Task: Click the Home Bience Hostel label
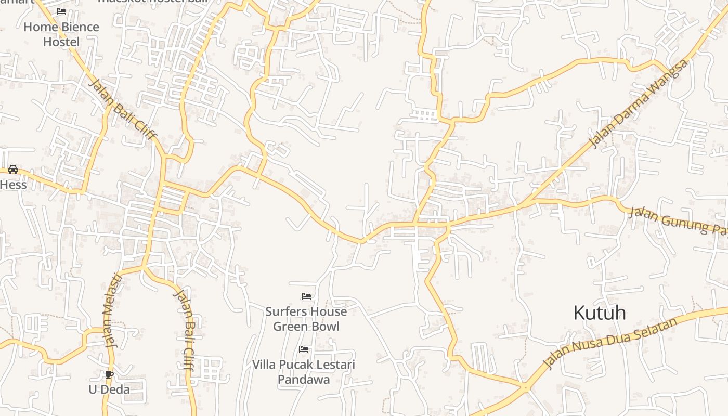pyautogui.click(x=61, y=34)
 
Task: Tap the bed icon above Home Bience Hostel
pyautogui.click(x=61, y=11)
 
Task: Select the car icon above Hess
pyautogui.click(x=13, y=169)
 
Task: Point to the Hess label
pyautogui.click(x=13, y=185)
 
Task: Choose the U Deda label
pyautogui.click(x=109, y=389)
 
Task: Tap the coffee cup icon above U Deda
pyautogui.click(x=109, y=374)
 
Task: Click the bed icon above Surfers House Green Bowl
pyautogui.click(x=306, y=296)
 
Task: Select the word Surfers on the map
pyautogui.click(x=288, y=311)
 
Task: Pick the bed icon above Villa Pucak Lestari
pyautogui.click(x=304, y=349)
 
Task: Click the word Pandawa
pyautogui.click(x=304, y=380)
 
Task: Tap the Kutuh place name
pyautogui.click(x=599, y=313)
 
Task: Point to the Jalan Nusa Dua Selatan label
pyautogui.click(x=609, y=343)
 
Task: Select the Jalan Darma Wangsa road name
pyautogui.click(x=639, y=103)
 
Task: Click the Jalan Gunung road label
pyautogui.click(x=676, y=220)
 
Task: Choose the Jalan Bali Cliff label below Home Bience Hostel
pyautogui.click(x=123, y=109)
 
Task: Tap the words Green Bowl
pyautogui.click(x=306, y=327)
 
